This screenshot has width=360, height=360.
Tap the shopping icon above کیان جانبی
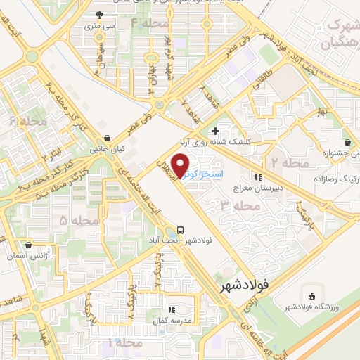click(x=106, y=138)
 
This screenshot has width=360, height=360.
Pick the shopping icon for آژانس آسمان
click(x=28, y=245)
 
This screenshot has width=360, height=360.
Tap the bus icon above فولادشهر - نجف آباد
click(x=181, y=229)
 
